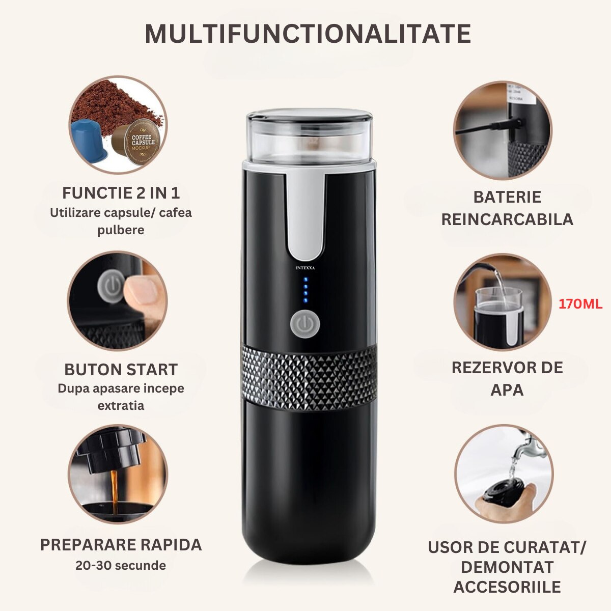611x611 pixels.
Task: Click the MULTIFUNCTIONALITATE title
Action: (308, 34)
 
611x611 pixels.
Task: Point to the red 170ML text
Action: (580, 304)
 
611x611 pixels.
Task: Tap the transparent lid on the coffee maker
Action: (309, 134)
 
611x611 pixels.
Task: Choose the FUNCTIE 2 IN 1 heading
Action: (121, 193)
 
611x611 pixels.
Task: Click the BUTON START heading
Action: (121, 369)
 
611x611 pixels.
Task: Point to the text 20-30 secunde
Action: (121, 565)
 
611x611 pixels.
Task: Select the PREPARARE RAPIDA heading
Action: (121, 544)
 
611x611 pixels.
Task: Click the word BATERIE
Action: (507, 197)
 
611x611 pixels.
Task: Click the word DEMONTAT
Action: (507, 567)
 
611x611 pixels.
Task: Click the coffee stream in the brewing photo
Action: (115, 489)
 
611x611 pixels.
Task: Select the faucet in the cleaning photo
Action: (524, 446)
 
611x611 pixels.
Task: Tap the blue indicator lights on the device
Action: (305, 290)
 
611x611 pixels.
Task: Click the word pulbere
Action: (121, 230)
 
